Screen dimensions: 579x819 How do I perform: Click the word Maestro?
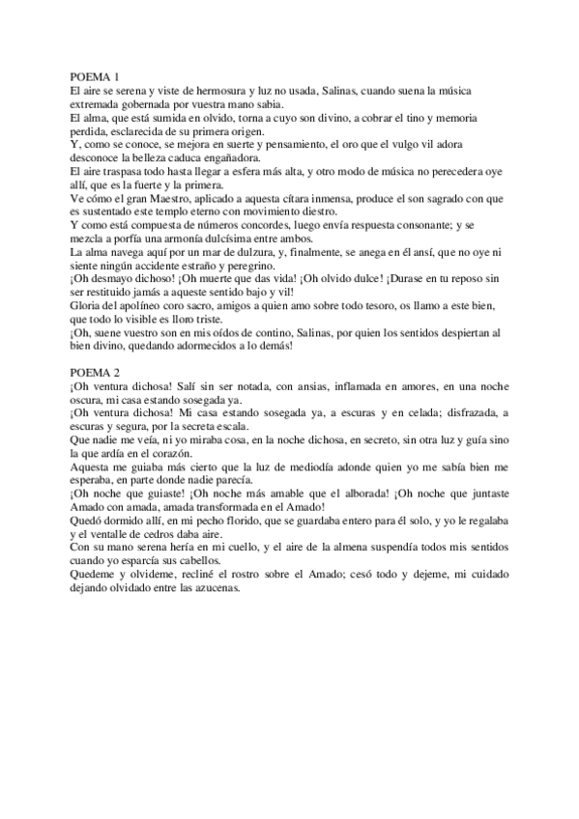pyautogui.click(x=167, y=200)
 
